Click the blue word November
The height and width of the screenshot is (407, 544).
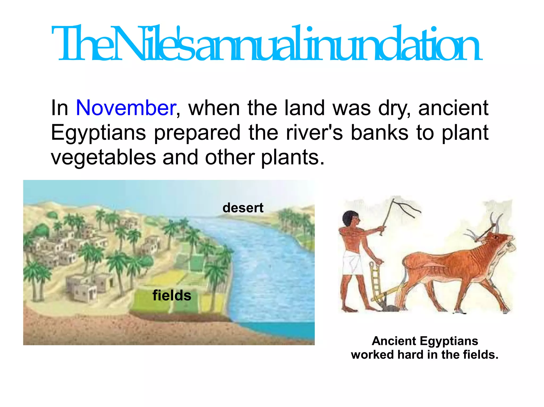126,108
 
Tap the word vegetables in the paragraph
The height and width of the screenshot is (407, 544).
103,157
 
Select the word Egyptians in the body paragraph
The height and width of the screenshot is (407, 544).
98,133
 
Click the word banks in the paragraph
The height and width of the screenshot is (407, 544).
379,133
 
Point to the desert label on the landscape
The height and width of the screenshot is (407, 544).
243,208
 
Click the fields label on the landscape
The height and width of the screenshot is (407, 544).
172,295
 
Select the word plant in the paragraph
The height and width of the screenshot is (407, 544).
465,133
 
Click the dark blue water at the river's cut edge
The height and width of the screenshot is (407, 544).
282,330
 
